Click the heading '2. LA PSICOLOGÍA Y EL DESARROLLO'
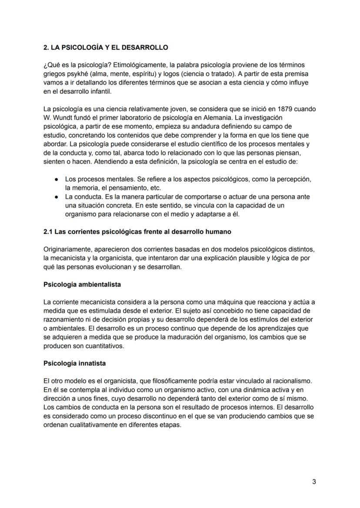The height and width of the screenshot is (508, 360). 106,47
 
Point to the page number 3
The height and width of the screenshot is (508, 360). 314,482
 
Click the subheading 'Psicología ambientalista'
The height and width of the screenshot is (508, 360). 82,285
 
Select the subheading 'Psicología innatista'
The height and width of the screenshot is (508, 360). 74,363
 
